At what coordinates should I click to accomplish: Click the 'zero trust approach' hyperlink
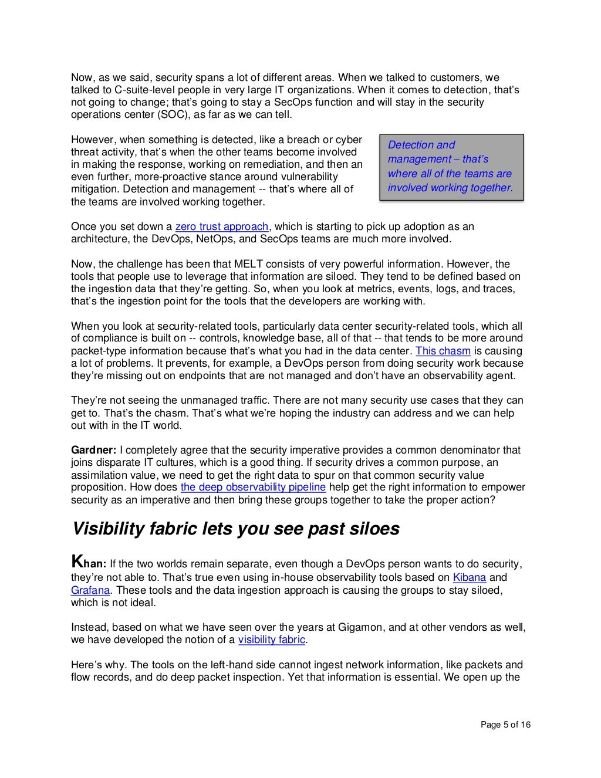221,226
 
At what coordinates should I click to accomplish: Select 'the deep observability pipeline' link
253,488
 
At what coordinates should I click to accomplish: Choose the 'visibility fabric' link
272,640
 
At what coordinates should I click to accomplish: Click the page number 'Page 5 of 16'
505,725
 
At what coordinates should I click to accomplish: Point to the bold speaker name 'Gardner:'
94,451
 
